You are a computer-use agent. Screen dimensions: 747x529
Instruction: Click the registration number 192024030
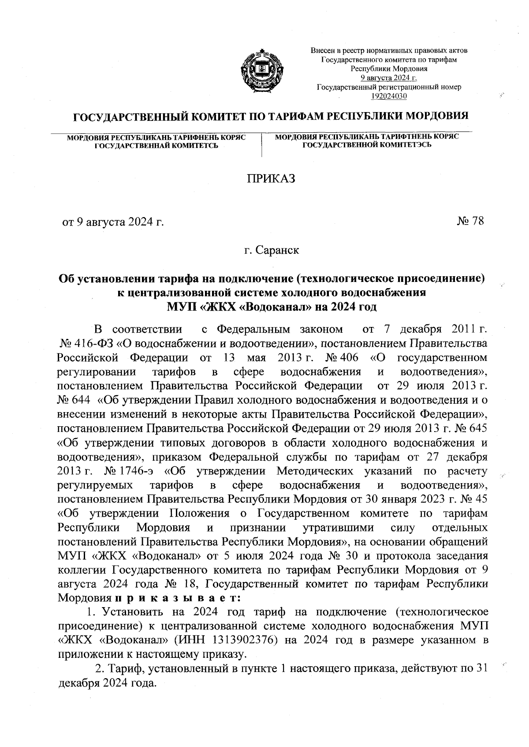389,96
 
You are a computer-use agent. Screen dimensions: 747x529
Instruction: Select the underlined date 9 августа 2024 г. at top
389,78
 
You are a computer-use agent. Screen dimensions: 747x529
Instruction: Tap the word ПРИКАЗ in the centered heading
270,179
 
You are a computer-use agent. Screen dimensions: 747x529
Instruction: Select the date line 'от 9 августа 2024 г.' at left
112,221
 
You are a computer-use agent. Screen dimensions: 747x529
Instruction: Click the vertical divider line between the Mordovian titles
262,144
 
